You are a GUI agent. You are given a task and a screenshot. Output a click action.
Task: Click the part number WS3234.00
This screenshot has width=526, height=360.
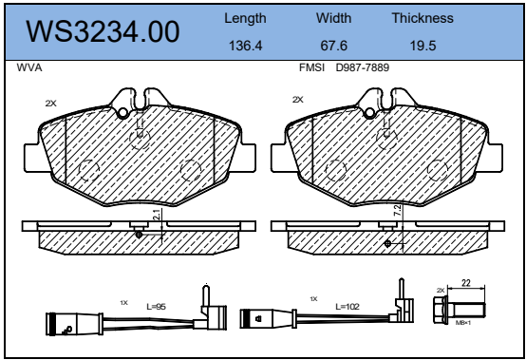coord(103,31)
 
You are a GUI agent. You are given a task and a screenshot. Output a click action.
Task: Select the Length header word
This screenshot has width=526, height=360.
coord(245,19)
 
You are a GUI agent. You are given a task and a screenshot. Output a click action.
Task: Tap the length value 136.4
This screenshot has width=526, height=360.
coord(245,46)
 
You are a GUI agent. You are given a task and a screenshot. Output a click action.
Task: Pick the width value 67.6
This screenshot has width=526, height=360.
coord(334,46)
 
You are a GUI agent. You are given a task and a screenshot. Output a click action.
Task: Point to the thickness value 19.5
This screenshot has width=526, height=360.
coord(423,46)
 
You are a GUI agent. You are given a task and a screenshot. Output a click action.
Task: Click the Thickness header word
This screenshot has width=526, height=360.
coord(423,18)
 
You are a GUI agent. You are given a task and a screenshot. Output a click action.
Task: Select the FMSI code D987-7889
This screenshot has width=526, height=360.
coord(363,67)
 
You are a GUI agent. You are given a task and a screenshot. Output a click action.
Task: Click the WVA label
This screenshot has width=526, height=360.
coord(29,67)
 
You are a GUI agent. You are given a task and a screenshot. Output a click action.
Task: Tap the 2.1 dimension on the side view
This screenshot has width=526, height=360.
coord(157,215)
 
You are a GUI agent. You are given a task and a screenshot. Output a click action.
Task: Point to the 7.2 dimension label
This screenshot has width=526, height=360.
coord(397,210)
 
